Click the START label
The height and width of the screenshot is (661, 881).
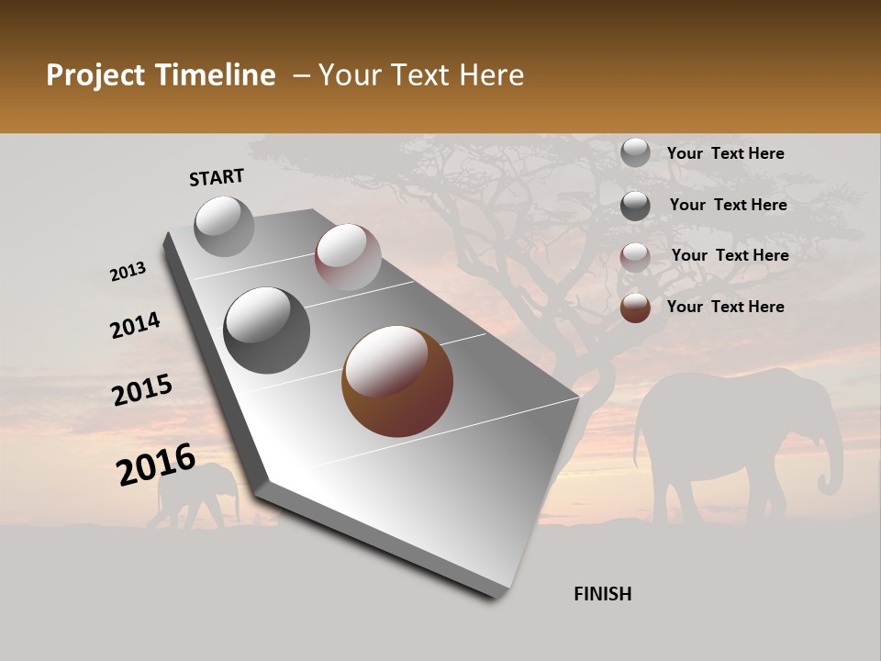tap(217, 177)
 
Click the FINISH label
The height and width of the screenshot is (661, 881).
tap(603, 594)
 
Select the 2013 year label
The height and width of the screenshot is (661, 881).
tap(128, 272)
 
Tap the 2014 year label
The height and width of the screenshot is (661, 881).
tap(135, 326)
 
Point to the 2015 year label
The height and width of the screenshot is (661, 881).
tap(141, 390)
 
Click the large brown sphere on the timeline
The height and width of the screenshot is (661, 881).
tap(397, 381)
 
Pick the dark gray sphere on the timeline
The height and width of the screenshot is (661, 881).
tap(266, 330)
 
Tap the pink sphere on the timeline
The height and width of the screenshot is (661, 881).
tap(348, 257)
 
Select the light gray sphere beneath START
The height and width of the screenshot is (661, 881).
tap(225, 226)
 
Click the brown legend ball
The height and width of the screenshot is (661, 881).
tap(635, 308)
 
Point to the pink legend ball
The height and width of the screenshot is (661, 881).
tap(635, 257)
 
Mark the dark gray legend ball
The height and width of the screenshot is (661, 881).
tap(635, 206)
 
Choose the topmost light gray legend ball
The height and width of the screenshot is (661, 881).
tap(635, 153)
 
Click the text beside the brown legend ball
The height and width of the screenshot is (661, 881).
tap(725, 307)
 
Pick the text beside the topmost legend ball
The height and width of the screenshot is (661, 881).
tap(725, 153)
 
